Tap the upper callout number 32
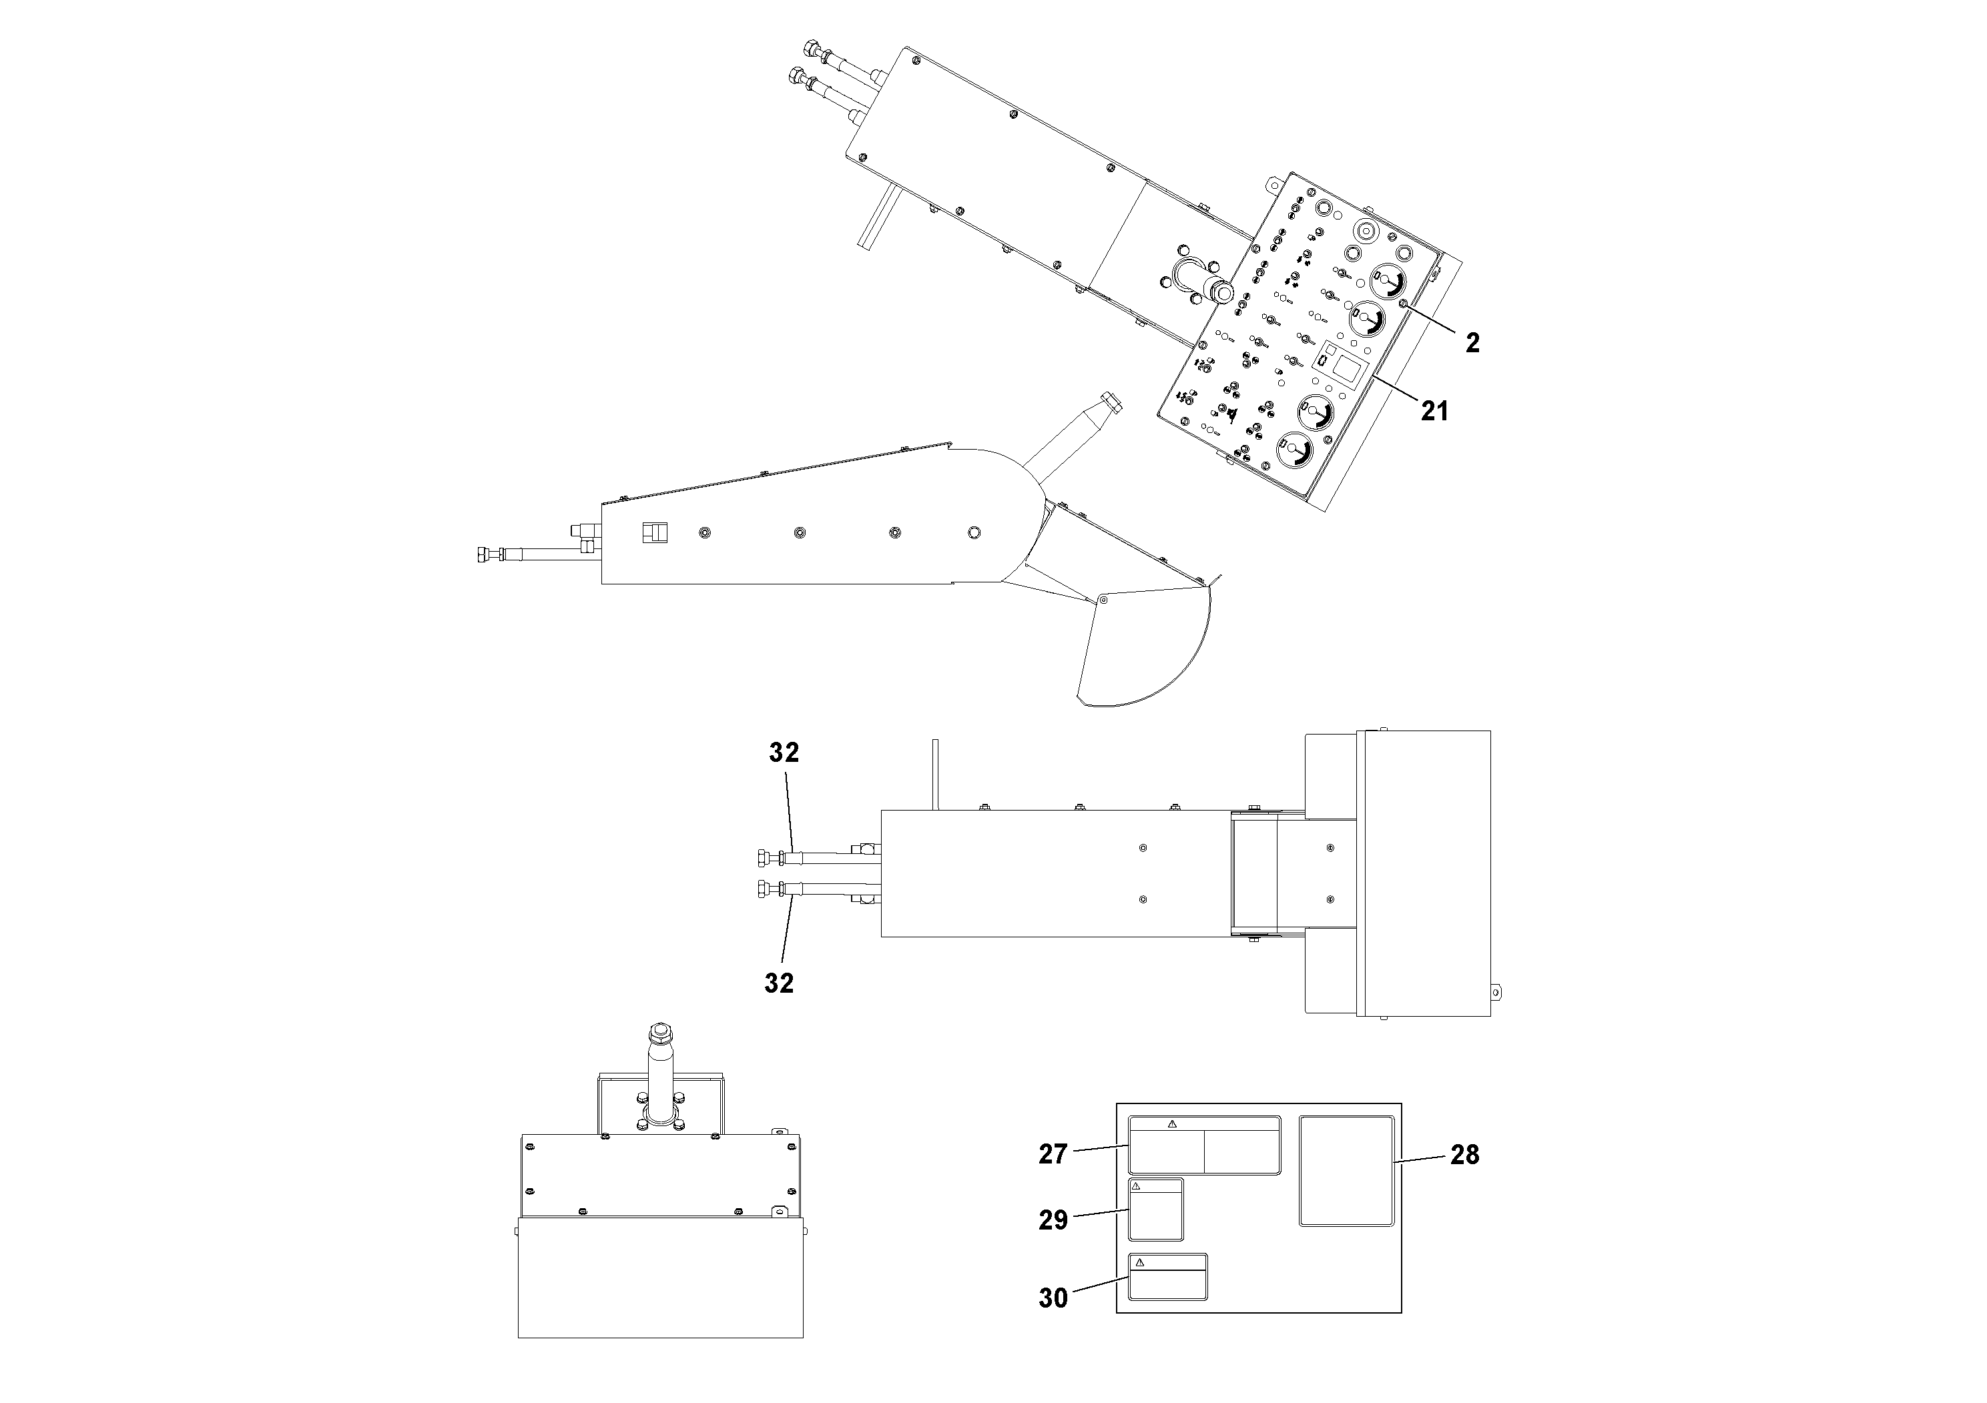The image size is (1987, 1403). click(x=784, y=753)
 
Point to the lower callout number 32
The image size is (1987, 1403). click(x=779, y=983)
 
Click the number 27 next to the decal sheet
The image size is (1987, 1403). click(x=1053, y=1155)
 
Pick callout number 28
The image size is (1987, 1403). click(x=1465, y=1155)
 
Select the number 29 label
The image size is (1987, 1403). click(x=1053, y=1220)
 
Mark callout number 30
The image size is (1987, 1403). click(x=1053, y=1298)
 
